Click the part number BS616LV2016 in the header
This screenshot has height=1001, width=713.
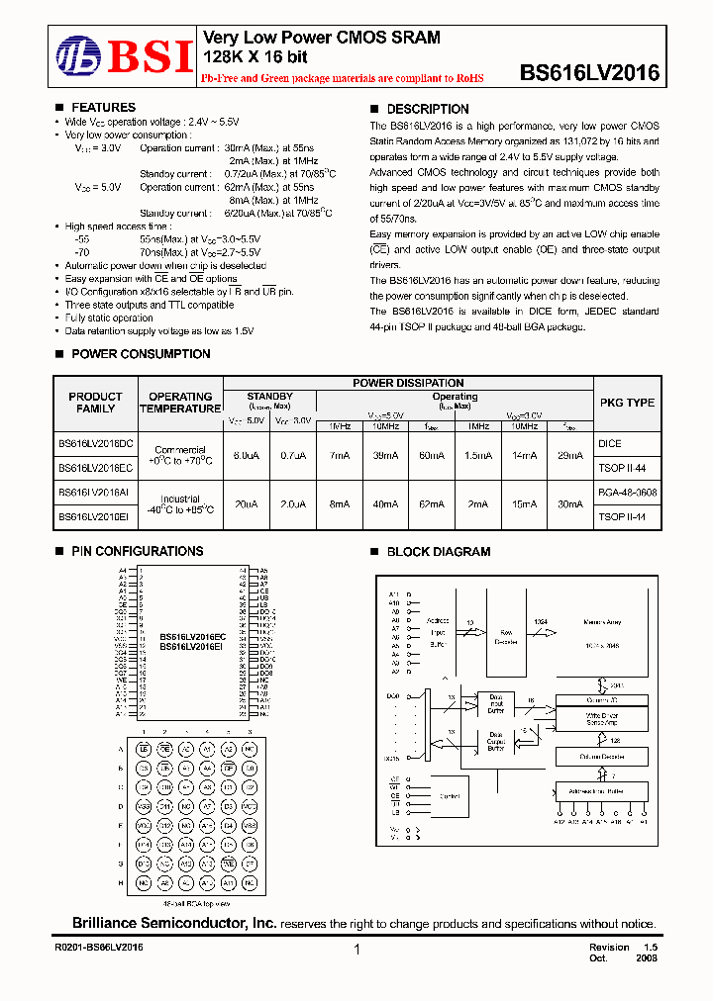(589, 72)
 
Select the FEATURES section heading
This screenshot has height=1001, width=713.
(103, 107)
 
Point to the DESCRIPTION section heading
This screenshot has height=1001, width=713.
(427, 109)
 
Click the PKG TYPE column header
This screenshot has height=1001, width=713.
(627, 403)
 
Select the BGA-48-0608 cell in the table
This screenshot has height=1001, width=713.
(627, 492)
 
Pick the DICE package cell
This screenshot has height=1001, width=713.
(610, 444)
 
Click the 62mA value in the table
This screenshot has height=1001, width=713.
(431, 503)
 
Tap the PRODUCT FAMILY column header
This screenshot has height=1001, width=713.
(95, 403)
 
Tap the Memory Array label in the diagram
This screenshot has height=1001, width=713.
(602, 622)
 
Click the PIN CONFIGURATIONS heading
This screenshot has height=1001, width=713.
(137, 551)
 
